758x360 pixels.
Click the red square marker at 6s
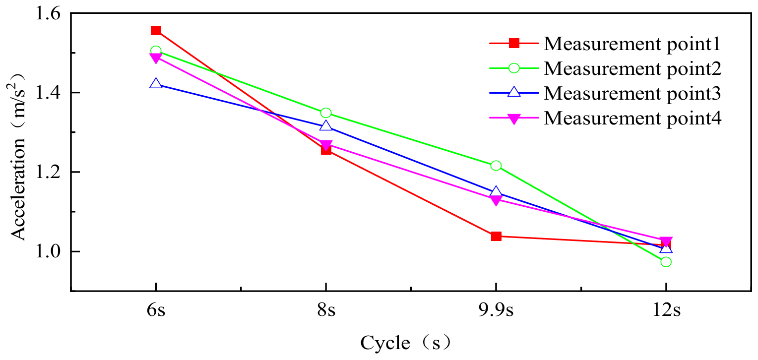pos(156,31)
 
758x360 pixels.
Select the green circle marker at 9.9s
pos(496,166)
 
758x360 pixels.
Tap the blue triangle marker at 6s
pos(156,84)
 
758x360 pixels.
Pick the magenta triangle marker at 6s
pos(156,58)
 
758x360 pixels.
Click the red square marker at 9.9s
pos(496,236)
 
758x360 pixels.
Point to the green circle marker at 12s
pos(666,262)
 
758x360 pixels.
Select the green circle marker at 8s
pos(326,113)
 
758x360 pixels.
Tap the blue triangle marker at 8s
pos(326,126)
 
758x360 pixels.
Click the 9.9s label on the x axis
pos(496,311)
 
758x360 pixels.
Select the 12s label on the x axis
pos(666,311)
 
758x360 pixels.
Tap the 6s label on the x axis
pos(156,311)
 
